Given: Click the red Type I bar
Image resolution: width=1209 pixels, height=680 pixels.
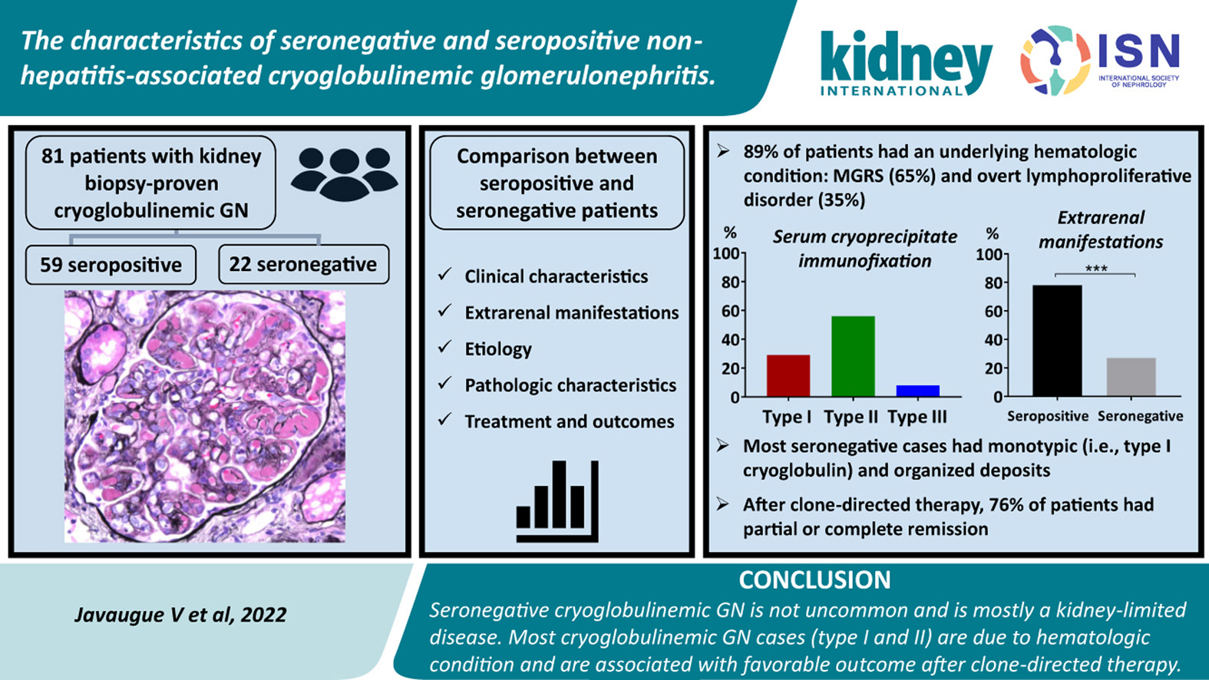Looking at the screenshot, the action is [788, 375].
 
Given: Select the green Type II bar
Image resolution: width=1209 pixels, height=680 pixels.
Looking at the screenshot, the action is [853, 356].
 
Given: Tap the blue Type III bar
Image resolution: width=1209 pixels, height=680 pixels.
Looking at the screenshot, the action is [917, 391].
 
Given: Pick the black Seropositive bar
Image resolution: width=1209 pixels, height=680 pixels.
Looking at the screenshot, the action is [1057, 341].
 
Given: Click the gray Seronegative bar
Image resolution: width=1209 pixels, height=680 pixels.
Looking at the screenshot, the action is [1131, 377].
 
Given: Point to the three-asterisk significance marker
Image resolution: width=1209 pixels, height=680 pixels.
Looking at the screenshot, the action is [1095, 268].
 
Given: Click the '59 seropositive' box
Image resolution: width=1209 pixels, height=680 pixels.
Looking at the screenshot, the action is [111, 265].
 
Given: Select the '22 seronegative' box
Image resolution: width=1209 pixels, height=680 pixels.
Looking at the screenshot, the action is [303, 264].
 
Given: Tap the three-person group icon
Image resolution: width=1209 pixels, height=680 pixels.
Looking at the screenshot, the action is [345, 173].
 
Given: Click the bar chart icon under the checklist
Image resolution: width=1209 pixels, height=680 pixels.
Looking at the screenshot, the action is [557, 501].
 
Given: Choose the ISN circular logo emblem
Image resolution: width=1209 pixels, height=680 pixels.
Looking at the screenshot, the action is [1055, 61].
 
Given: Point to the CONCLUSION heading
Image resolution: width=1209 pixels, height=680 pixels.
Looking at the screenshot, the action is [814, 580].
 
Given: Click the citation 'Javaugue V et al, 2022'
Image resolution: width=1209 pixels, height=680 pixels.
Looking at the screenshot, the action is [180, 615].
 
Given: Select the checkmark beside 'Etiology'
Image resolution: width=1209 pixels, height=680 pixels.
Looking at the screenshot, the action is [444, 347].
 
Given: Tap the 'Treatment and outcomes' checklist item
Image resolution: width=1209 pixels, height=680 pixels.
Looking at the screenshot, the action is [570, 421].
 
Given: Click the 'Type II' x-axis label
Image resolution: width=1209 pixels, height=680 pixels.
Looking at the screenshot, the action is [851, 418].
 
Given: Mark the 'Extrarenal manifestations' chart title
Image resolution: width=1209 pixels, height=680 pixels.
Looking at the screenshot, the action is [1101, 230].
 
